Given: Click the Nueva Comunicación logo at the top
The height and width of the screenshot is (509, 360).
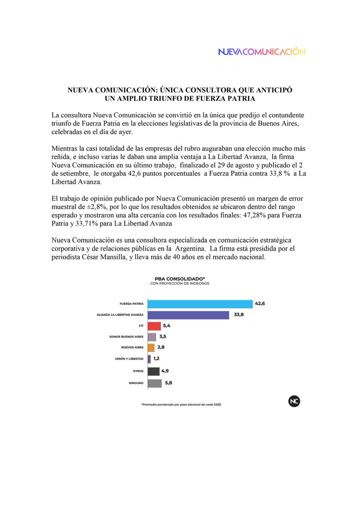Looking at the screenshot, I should [x=262, y=51].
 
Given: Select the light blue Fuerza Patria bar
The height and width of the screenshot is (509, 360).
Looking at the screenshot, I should [x=200, y=304].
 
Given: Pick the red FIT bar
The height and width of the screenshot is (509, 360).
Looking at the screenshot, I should [x=154, y=326].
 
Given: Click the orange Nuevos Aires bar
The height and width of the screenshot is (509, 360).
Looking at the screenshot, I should [x=151, y=348].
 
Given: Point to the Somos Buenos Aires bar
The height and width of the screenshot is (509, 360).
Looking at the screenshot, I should [x=152, y=337].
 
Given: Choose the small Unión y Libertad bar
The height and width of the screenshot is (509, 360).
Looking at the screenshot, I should [x=149, y=359].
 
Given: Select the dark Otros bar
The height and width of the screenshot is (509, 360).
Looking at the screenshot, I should [x=153, y=371].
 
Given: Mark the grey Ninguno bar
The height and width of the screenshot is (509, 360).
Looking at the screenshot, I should [x=155, y=383].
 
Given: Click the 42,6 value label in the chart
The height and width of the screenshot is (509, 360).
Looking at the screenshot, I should [x=260, y=304].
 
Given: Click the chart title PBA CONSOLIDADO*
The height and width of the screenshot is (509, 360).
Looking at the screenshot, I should [x=180, y=278].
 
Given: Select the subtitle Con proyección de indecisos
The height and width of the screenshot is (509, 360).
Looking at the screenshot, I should [x=180, y=283].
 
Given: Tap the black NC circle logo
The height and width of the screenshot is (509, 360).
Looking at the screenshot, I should [x=293, y=401].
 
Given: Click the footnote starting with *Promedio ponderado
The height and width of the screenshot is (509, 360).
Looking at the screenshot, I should [x=181, y=405].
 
